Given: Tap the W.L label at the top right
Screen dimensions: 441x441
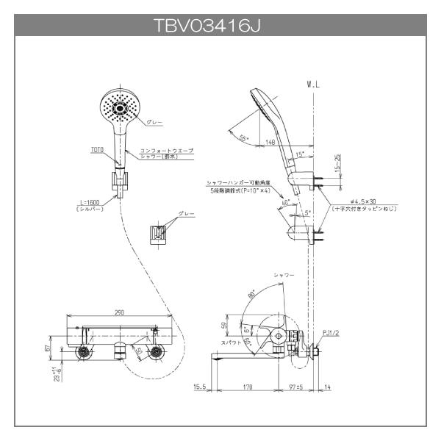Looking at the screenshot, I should coord(314,85).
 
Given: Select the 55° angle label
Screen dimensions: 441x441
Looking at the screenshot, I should coord(244,137).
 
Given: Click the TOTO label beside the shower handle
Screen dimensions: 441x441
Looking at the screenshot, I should coord(96,148).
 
